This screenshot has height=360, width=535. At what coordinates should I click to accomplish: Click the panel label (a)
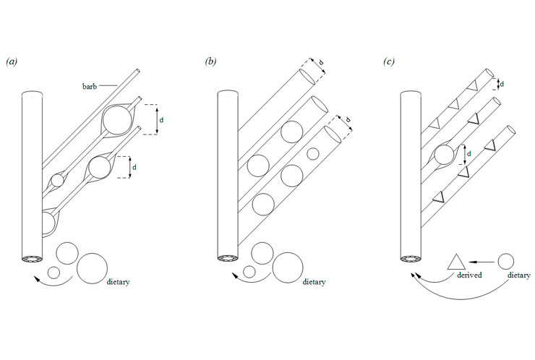coord(12,63)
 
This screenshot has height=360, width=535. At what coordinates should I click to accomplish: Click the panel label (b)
coord(211,63)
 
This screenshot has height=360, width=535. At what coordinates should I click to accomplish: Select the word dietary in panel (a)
coord(118,281)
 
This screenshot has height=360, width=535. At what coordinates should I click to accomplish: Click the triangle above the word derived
coord(458,260)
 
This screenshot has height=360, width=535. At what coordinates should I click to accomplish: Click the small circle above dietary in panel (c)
coord(506,260)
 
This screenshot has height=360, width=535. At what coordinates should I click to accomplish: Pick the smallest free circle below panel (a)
coord(54,273)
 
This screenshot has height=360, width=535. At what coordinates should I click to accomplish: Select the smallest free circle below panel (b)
coord(249,273)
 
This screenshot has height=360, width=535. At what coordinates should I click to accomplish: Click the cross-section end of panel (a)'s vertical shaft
coord(32,259)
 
